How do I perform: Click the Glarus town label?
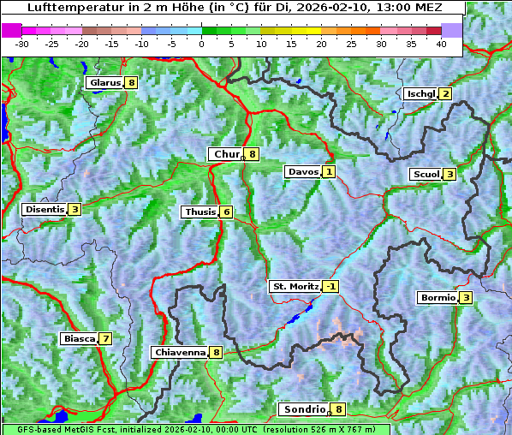click(104, 83)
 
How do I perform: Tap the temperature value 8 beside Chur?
click(253, 154)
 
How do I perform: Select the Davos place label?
click(303, 172)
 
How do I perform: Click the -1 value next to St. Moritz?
click(330, 286)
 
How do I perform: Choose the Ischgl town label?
click(420, 94)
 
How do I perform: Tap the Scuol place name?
click(426, 175)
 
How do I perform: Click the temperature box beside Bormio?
click(466, 298)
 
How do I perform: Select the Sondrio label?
click(304, 409)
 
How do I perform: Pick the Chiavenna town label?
click(180, 352)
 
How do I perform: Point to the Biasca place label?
click(80, 338)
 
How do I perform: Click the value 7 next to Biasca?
click(105, 338)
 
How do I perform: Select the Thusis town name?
click(199, 212)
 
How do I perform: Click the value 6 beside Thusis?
click(226, 212)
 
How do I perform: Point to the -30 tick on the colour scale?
click(22, 44)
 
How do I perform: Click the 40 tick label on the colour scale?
click(441, 44)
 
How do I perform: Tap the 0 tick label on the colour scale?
click(201, 44)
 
